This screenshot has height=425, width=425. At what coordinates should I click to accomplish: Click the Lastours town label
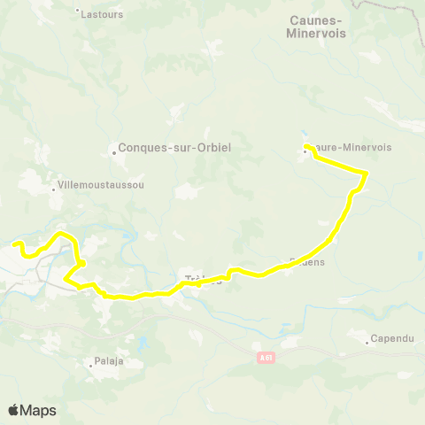(102, 14)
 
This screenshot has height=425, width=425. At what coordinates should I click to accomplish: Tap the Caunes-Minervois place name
(316, 26)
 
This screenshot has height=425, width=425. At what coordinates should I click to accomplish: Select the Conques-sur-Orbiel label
(174, 149)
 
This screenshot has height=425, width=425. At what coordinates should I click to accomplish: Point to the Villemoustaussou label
(100, 185)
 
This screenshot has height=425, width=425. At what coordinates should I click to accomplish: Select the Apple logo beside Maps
(14, 410)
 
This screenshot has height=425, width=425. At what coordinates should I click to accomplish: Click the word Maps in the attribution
(40, 410)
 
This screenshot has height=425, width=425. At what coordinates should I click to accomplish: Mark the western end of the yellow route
(14, 243)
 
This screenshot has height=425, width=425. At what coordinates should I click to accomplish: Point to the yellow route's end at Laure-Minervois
(305, 145)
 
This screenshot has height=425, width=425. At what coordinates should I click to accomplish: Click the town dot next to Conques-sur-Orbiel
(114, 151)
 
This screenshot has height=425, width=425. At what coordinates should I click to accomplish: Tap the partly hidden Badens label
(308, 262)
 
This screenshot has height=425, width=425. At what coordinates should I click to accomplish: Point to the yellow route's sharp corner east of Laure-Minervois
(366, 172)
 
